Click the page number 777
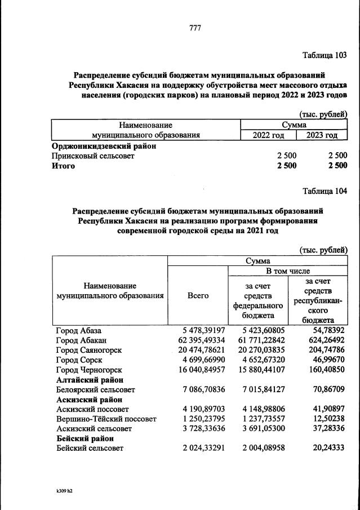pyautogui.click(x=195, y=28)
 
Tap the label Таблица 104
pyautogui.click(x=325, y=190)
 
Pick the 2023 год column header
pyautogui.click(x=322, y=135)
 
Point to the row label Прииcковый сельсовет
pyautogui.click(x=93, y=156)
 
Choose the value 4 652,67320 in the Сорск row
pyautogui.click(x=259, y=360)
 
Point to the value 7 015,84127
pyautogui.click(x=259, y=389)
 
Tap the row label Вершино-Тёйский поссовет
pyautogui.click(x=105, y=419)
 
